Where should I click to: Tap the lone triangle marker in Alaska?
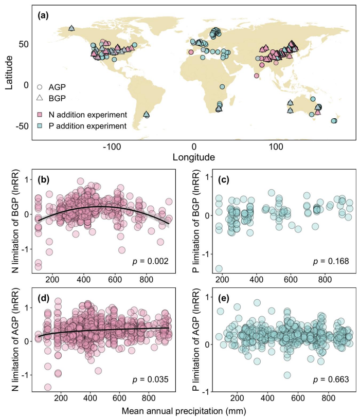71,28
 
